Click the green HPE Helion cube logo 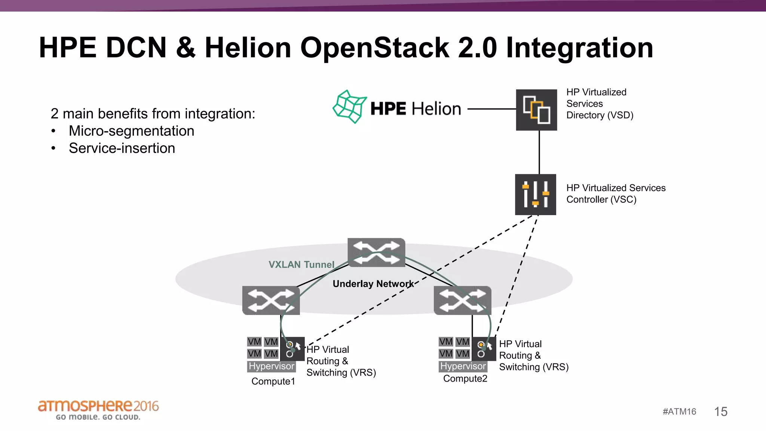pyautogui.click(x=349, y=107)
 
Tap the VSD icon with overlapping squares pyautogui.click(x=536, y=110)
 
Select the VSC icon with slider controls pyautogui.click(x=536, y=195)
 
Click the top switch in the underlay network pyautogui.click(x=376, y=253)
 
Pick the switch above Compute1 pyautogui.click(x=271, y=300)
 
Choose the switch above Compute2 pyautogui.click(x=462, y=300)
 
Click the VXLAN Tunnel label pyautogui.click(x=301, y=265)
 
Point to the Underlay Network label pyautogui.click(x=373, y=284)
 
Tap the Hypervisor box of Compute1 pyautogui.click(x=272, y=366)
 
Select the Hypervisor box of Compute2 pyautogui.click(x=463, y=366)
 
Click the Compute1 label pyautogui.click(x=273, y=381)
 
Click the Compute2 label pyautogui.click(x=465, y=379)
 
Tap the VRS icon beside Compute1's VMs pyautogui.click(x=292, y=349)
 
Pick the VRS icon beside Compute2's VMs pyautogui.click(x=484, y=349)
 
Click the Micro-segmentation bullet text pyautogui.click(x=131, y=131)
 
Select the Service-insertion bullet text pyautogui.click(x=122, y=148)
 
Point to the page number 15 pyautogui.click(x=720, y=412)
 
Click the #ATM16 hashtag pyautogui.click(x=679, y=412)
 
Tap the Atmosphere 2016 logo pyautogui.click(x=98, y=409)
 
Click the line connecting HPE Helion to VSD pyautogui.click(x=491, y=109)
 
